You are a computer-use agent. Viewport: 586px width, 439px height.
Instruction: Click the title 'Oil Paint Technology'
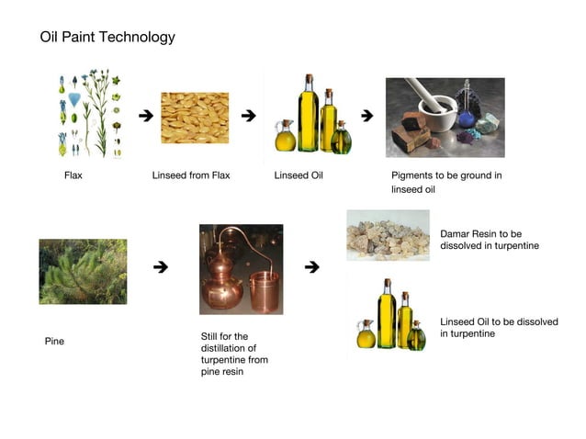pos(107,38)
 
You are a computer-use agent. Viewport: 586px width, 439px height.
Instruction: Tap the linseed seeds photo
pos(195,118)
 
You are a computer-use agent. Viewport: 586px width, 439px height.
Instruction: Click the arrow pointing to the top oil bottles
pos(247,116)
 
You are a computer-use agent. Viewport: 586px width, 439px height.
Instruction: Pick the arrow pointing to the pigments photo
pos(367,116)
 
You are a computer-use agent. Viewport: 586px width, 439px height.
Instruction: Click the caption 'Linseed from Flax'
pos(191,175)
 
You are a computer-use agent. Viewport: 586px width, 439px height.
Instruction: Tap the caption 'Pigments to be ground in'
pos(446,175)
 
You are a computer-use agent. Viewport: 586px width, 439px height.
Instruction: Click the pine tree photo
pos(83,272)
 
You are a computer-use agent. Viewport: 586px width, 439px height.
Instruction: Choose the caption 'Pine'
pos(55,342)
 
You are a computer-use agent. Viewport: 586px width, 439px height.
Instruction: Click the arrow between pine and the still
pos(160,267)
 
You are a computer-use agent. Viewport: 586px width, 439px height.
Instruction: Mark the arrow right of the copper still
pos(311,267)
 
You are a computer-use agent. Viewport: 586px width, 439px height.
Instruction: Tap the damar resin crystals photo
pos(388,235)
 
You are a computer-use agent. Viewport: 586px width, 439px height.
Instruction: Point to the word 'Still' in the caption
pos(211,337)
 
